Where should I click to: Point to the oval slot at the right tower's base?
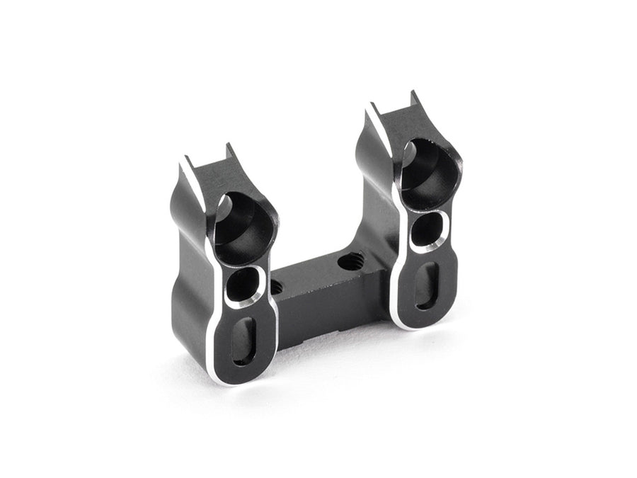tap(426, 285)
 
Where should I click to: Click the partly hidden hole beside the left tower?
tap(276, 287)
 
